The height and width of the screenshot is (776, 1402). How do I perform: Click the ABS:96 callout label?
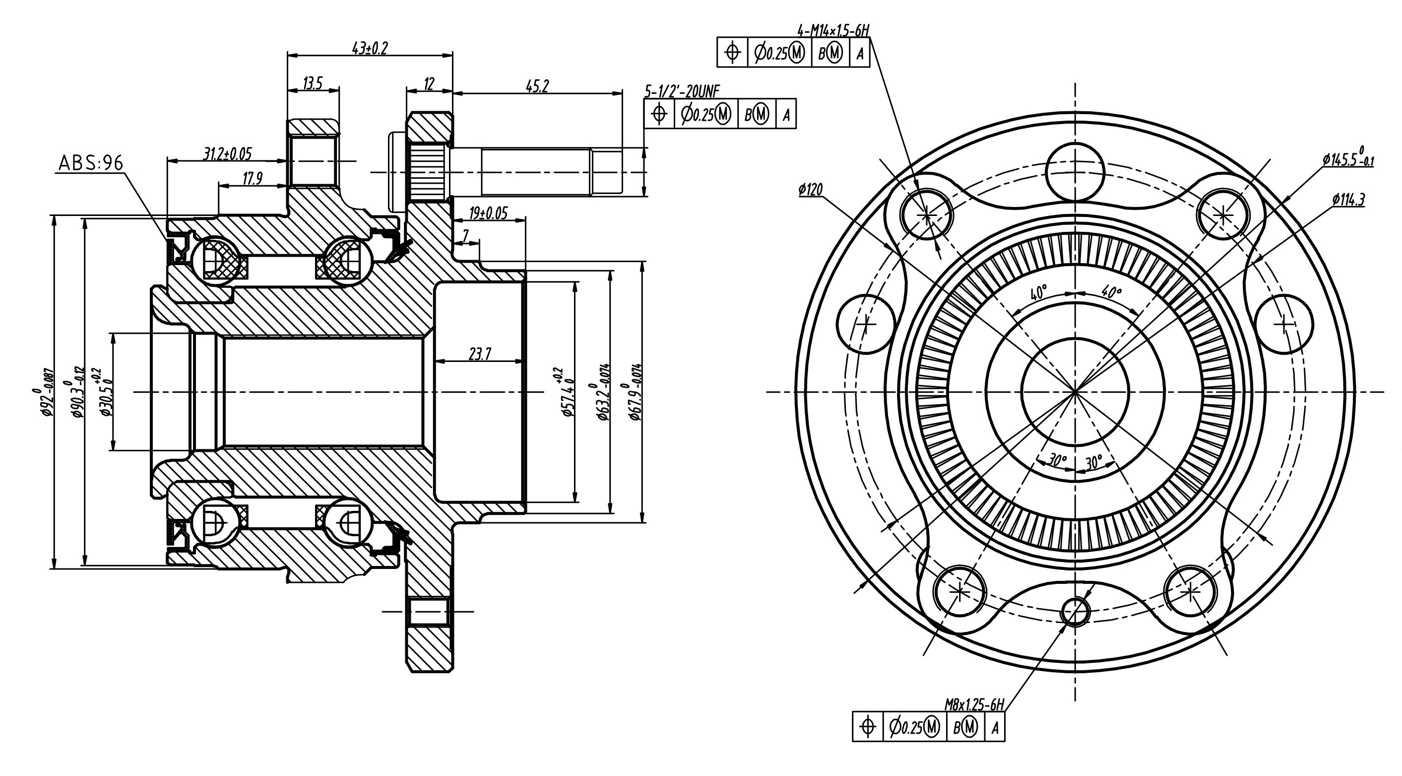91,162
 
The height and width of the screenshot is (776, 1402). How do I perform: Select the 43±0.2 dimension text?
370,48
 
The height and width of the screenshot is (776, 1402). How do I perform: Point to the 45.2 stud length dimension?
537,86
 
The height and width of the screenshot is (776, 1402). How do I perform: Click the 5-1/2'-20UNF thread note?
682,91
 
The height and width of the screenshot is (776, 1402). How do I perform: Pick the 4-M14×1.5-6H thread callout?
832,30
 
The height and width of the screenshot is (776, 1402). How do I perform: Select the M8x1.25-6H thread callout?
974,705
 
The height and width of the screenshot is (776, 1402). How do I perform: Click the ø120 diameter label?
811,190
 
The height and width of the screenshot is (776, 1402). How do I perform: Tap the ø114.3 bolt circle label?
1348,200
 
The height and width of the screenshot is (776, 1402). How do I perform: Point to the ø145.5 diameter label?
1347,159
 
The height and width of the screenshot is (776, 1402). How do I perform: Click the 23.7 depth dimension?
480,354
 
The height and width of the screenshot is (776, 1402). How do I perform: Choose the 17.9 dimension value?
252,179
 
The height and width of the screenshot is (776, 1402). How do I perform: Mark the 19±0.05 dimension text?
488,212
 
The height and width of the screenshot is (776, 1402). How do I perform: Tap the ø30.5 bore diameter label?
105,392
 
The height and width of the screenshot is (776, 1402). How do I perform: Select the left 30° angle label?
1057,461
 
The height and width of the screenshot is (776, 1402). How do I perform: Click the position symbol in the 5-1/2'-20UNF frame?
660,114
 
